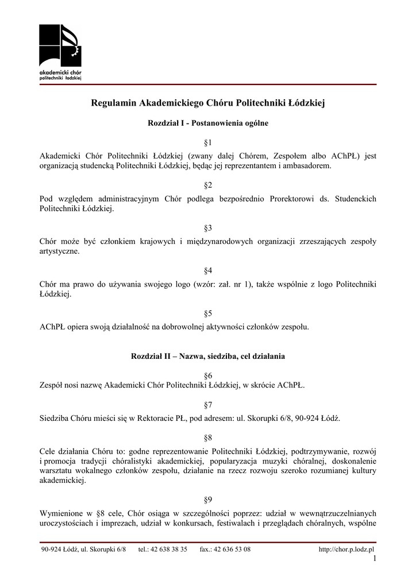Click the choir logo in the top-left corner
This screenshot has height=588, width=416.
click(x=60, y=52)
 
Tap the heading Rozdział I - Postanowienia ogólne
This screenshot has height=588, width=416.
click(x=208, y=123)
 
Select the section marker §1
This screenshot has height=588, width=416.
click(x=208, y=142)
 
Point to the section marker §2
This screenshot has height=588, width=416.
click(x=208, y=185)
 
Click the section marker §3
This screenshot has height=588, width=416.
click(x=208, y=227)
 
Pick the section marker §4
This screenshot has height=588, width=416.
click(x=208, y=270)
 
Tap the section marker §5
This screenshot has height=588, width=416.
click(x=208, y=313)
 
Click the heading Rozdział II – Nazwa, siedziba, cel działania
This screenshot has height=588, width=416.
click(x=208, y=356)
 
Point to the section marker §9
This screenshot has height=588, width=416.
click(x=208, y=500)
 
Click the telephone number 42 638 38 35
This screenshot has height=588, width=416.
click(x=169, y=550)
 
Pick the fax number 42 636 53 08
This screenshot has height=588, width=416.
click(x=232, y=550)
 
